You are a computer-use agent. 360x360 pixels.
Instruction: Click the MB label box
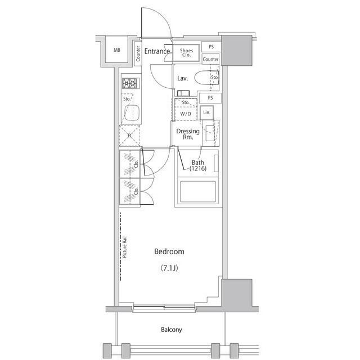click(117, 50)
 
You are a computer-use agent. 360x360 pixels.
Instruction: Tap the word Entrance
click(157, 51)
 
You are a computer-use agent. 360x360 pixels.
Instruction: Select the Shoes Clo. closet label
click(186, 53)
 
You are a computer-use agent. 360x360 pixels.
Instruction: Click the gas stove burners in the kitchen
click(130, 83)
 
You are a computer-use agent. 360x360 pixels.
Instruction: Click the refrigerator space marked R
click(129, 136)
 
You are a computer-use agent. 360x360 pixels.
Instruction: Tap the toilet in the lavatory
click(206, 78)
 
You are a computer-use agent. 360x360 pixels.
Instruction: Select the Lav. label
click(182, 79)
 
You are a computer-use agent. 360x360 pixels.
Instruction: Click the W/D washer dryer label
click(186, 114)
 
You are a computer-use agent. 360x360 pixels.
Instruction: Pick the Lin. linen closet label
click(206, 112)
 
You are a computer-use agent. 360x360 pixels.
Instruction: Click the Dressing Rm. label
click(188, 134)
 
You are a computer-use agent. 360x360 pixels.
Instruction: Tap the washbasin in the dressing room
click(210, 133)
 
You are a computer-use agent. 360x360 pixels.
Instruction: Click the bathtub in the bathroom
click(198, 191)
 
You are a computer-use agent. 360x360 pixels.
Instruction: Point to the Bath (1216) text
click(198, 165)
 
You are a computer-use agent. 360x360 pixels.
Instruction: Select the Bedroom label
click(169, 251)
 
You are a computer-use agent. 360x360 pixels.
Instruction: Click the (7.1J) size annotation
click(169, 268)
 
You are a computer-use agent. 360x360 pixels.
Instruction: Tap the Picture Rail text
click(125, 247)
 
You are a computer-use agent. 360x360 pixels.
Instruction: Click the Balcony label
click(172, 330)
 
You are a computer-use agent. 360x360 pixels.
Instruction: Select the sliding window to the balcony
click(164, 307)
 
